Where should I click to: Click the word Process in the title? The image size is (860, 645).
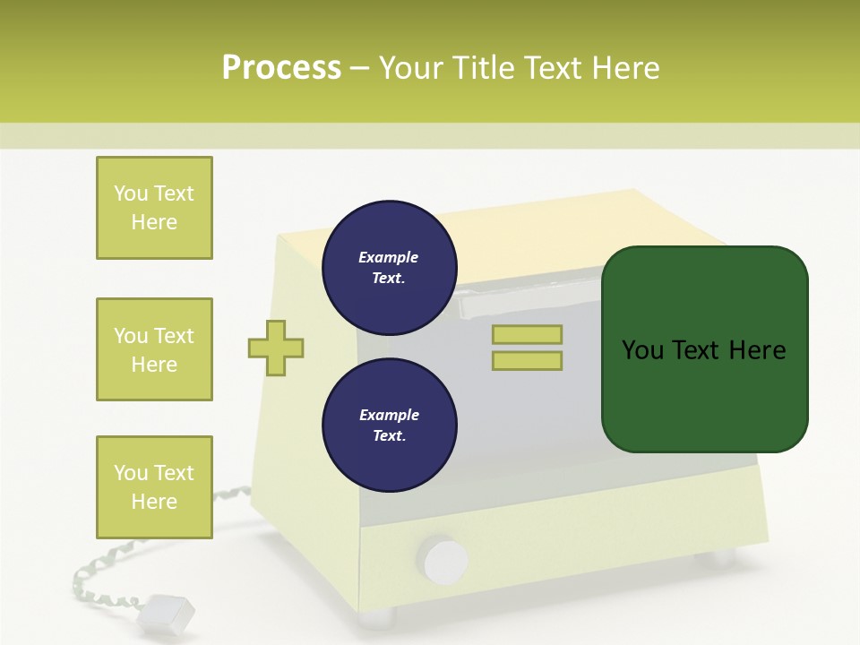coord(281,68)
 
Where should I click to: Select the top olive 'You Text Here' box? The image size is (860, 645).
coord(154,208)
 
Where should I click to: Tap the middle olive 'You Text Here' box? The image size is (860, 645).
coord(154,349)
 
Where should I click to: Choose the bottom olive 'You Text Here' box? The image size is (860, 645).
coord(154,487)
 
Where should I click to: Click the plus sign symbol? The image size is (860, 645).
coord(276,348)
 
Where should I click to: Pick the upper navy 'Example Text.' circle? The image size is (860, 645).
coord(389,268)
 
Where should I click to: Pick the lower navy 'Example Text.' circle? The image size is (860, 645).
coord(389,426)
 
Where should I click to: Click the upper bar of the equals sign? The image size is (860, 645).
coord(527,335)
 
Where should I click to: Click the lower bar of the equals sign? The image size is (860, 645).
coord(527,361)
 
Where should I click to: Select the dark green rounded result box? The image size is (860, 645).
coord(704,348)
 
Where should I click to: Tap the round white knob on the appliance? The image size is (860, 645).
coord(444,560)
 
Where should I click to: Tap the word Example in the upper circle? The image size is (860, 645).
coord(389,258)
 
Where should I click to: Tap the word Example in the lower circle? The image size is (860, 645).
coord(389,416)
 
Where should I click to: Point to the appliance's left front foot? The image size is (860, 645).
coord(376,617)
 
